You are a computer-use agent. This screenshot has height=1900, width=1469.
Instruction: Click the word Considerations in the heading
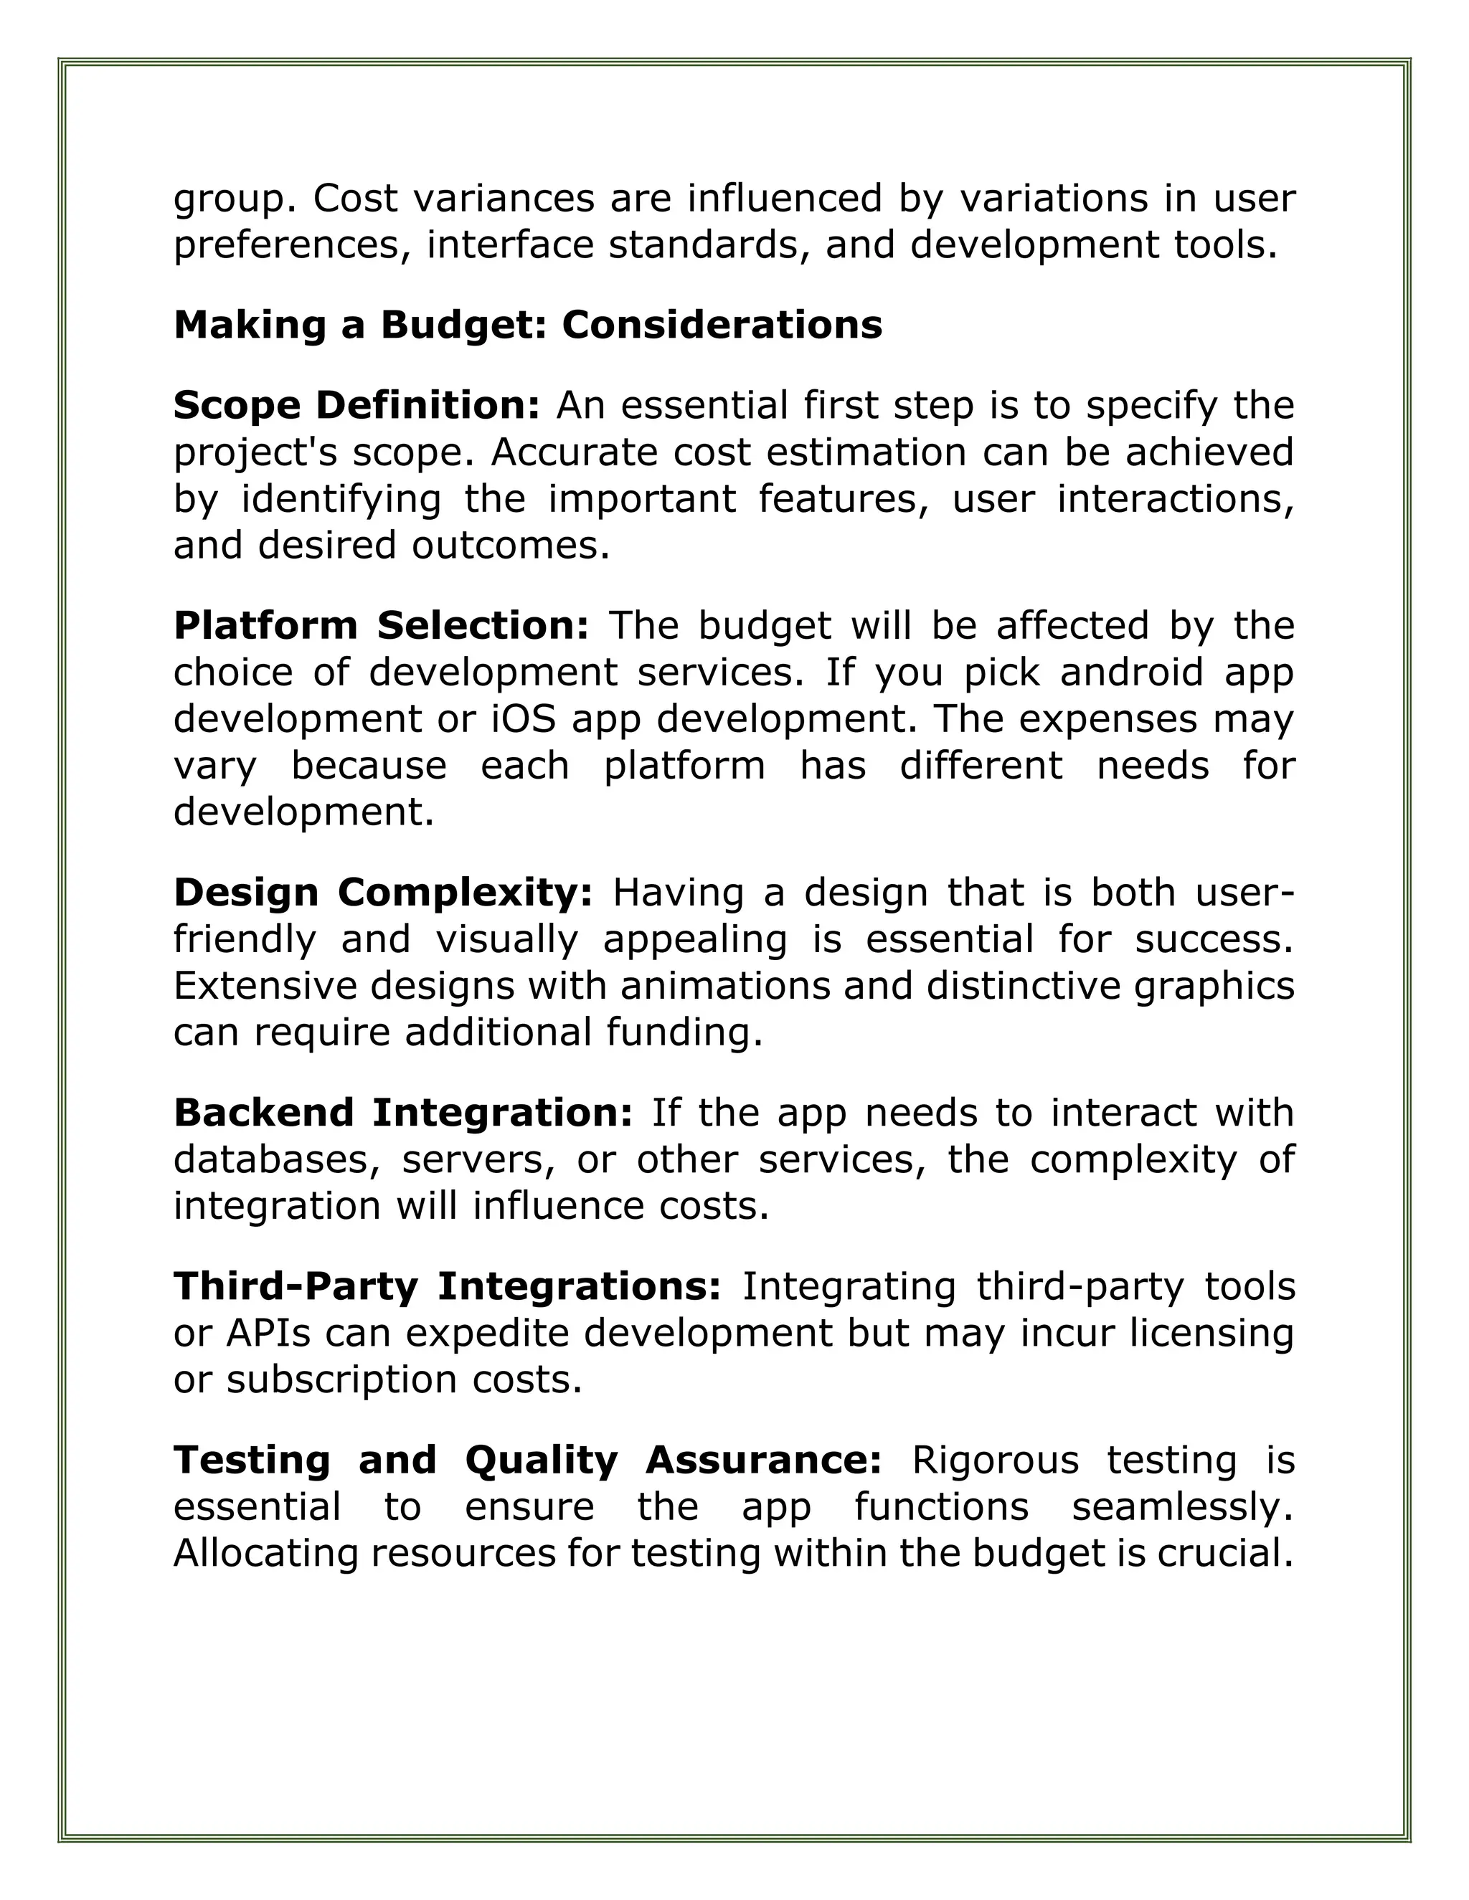point(722,326)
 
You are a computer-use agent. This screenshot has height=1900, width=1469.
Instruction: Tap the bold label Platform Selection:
point(381,625)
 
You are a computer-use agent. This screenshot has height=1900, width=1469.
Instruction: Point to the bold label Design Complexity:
point(383,893)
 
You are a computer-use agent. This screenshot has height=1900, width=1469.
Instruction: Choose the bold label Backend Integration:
point(403,1113)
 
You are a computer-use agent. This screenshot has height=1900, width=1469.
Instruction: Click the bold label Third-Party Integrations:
point(448,1287)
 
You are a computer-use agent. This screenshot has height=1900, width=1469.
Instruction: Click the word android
point(1132,673)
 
